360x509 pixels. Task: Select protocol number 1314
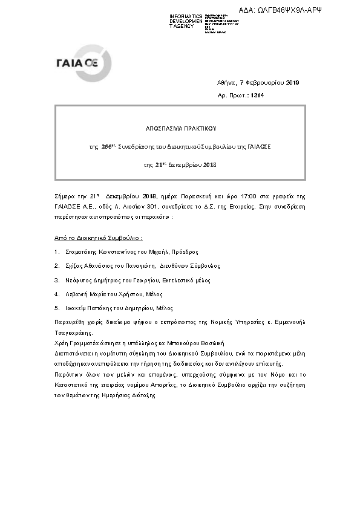tap(257, 96)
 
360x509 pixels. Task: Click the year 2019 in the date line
tap(292, 83)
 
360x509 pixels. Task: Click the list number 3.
tap(56, 280)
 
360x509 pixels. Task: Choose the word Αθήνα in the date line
tap(226, 83)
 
